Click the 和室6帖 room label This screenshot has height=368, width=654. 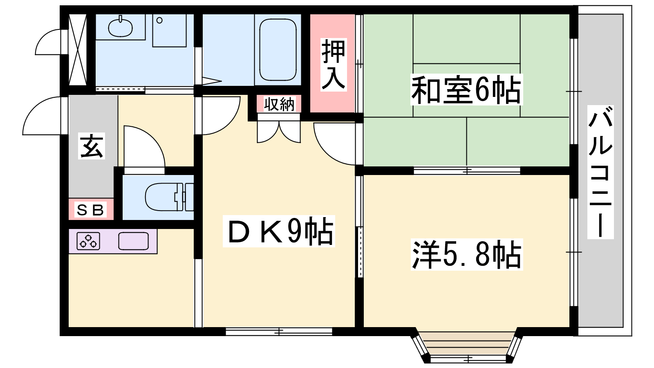coord(466,90)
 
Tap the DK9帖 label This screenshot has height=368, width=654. coord(279,231)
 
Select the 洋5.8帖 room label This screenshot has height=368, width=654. coord(466,254)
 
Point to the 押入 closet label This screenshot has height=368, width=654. coord(334,65)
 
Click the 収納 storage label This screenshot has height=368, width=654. coord(279,104)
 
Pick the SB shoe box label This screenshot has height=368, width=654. coord(90,210)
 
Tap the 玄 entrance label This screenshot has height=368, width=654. coord(92,146)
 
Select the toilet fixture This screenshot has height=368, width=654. coord(169,197)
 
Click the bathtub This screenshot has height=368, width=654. coord(278,49)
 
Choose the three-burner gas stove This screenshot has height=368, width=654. coord(88,241)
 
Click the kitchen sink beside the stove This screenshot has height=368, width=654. coord(133,241)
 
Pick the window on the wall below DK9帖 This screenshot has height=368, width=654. coord(279,332)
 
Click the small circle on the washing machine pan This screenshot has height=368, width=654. coord(159,20)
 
